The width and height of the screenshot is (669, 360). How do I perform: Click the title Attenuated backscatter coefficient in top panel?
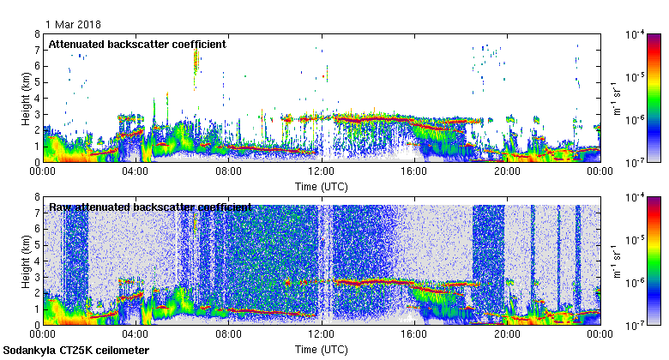[137, 44]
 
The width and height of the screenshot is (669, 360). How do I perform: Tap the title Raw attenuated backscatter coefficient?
[150, 207]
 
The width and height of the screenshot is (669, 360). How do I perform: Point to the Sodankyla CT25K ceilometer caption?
[76, 351]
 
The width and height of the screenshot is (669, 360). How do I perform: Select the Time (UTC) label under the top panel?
[321, 186]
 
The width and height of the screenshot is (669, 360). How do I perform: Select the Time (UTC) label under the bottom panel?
[321, 350]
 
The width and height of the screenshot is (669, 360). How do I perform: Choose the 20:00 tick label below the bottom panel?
[507, 335]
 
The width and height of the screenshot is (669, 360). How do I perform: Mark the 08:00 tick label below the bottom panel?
[229, 335]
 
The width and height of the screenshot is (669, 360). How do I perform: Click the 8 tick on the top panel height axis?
[37, 34]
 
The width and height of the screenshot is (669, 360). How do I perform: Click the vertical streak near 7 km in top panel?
[196, 60]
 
